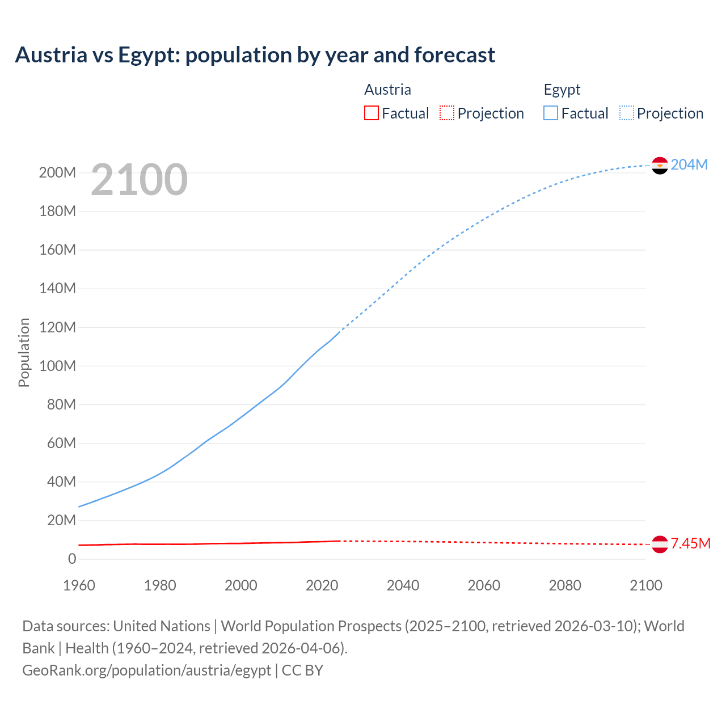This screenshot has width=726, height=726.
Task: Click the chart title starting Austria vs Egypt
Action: pyautogui.click(x=255, y=55)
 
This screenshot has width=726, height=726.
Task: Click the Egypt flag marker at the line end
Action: pyautogui.click(x=660, y=165)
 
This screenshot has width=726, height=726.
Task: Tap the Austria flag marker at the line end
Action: pyautogui.click(x=660, y=544)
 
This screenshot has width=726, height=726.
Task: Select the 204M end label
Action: pyautogui.click(x=689, y=164)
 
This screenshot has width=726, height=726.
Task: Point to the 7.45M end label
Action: pyautogui.click(x=690, y=543)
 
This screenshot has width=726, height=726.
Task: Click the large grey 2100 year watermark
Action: pyautogui.click(x=139, y=180)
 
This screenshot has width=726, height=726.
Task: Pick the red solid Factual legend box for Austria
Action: pyautogui.click(x=371, y=113)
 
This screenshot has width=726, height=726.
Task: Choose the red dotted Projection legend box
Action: pyautogui.click(x=447, y=113)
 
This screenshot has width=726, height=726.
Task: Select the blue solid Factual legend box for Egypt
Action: pyautogui.click(x=551, y=113)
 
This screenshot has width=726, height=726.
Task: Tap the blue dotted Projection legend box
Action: pyautogui.click(x=627, y=113)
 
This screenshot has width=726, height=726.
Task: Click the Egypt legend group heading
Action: pyautogui.click(x=562, y=90)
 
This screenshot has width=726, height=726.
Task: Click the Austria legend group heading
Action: pyautogui.click(x=387, y=90)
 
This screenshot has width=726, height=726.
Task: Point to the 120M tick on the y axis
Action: pyautogui.click(x=57, y=327)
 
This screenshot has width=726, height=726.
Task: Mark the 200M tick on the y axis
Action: pyautogui.click(x=57, y=172)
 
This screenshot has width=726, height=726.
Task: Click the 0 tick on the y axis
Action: pyautogui.click(x=72, y=559)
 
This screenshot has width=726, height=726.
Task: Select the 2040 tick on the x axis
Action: pyautogui.click(x=403, y=585)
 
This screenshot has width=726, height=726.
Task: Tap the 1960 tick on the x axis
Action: pyautogui.click(x=79, y=585)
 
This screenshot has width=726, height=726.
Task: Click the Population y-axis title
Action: pyautogui.click(x=24, y=352)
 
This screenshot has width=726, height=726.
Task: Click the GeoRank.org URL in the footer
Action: pyautogui.click(x=146, y=670)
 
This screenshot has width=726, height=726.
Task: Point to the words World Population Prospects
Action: pyautogui.click(x=311, y=626)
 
